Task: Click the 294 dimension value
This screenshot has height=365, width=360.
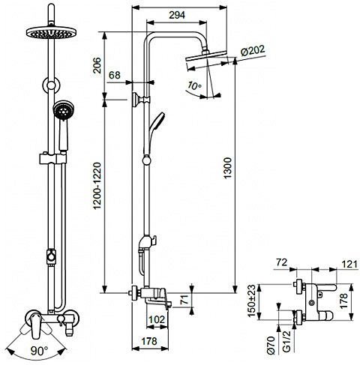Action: point(177,15)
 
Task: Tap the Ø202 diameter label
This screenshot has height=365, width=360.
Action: point(253,52)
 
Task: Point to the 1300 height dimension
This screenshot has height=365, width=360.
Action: point(228,168)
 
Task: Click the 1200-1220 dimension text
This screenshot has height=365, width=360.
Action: point(97,186)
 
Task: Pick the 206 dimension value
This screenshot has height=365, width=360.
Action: point(97,65)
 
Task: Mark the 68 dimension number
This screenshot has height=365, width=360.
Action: point(115,75)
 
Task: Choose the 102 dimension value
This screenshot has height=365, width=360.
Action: point(157,319)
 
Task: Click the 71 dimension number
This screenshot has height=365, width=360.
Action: point(184,300)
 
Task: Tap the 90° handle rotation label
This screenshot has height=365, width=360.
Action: point(39,351)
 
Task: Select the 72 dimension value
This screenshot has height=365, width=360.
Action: point(282,262)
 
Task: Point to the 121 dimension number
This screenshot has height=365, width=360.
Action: point(349,264)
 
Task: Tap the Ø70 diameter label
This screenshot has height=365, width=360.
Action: point(271,345)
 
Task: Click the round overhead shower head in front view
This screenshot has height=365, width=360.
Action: point(51,32)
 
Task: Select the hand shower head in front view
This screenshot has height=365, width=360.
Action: point(64,111)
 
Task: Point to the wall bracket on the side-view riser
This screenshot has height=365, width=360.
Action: point(141,100)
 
